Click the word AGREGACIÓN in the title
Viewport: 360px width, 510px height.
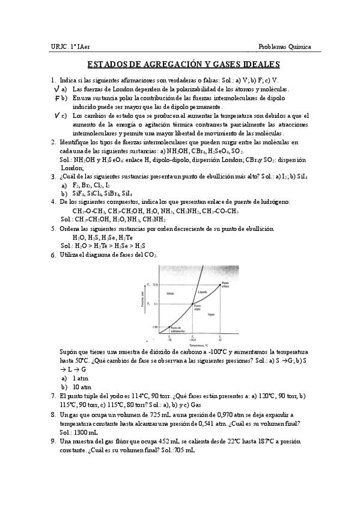(x=170, y=64)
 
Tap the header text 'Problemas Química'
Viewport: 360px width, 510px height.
(x=284, y=47)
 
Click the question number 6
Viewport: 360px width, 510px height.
(x=53, y=255)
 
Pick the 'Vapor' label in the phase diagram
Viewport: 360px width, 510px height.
(x=210, y=314)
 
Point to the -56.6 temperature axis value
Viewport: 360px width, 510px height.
(x=192, y=340)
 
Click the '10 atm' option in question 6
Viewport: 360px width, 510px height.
(x=81, y=387)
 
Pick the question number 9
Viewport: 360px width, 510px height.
(x=53, y=441)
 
